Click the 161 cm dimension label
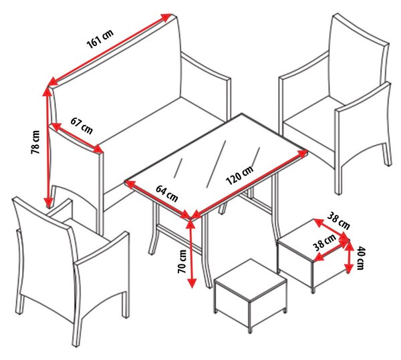click(x=100, y=39)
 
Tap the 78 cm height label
click(x=35, y=142)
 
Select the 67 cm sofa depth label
click(x=82, y=126)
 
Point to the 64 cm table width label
click(x=166, y=194)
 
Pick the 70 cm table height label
click(x=182, y=261)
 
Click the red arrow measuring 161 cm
click(x=110, y=49)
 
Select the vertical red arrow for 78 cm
click(x=47, y=148)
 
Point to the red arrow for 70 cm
click(x=191, y=254)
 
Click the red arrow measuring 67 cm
click(x=78, y=138)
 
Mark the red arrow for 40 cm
click(x=348, y=256)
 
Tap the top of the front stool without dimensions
click(x=251, y=279)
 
